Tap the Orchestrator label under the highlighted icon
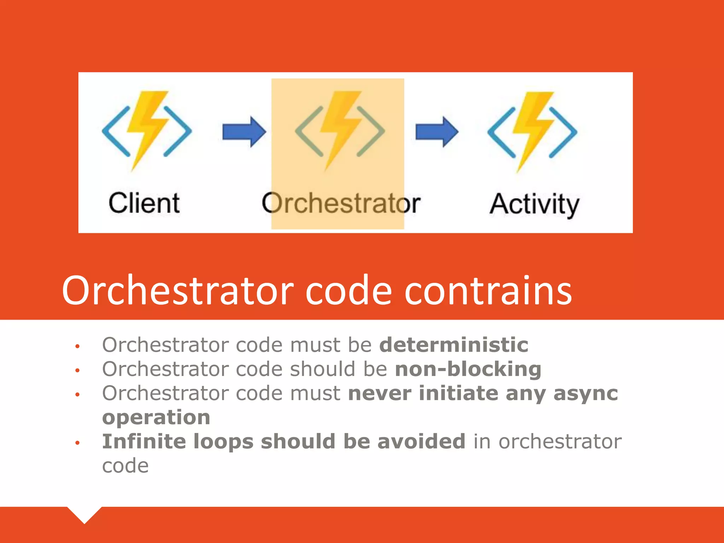[341, 204]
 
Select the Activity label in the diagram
[534, 204]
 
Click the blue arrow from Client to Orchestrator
[244, 132]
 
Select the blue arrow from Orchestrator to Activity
[437, 132]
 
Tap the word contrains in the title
[488, 291]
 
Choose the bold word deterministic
[454, 345]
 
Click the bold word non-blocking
[468, 369]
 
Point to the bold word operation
[156, 418]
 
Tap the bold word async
[585, 393]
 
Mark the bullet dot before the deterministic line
[77, 346]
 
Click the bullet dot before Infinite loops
[77, 443]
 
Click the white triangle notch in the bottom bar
[84, 514]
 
